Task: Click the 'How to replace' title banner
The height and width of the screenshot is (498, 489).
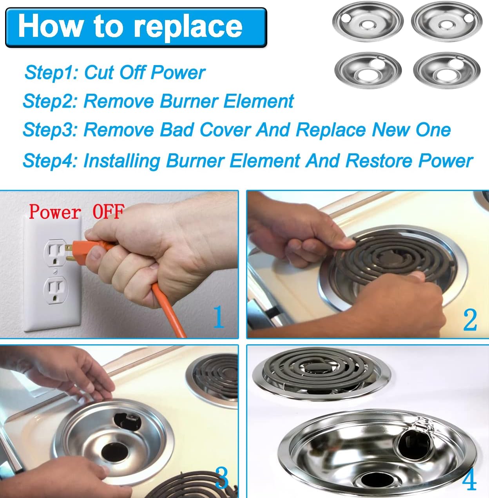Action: pos(136,27)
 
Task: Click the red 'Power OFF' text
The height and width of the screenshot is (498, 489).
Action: pos(76,212)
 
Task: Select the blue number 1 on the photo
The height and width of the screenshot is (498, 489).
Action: pos(219,317)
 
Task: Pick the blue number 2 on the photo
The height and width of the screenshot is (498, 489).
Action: pos(470,320)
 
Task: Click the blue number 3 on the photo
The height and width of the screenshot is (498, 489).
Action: pos(222,477)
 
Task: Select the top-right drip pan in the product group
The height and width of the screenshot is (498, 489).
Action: pos(446,22)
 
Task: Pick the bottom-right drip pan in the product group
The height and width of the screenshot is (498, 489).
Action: pos(446,71)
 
